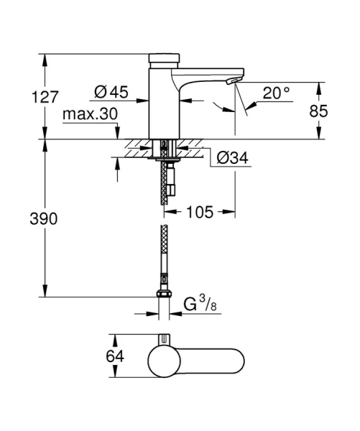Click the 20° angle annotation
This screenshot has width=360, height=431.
[276, 93]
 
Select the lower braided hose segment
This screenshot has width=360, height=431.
[163, 259]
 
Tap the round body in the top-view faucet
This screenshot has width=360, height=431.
[164, 359]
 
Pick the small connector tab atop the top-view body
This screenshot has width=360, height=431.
[164, 338]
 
